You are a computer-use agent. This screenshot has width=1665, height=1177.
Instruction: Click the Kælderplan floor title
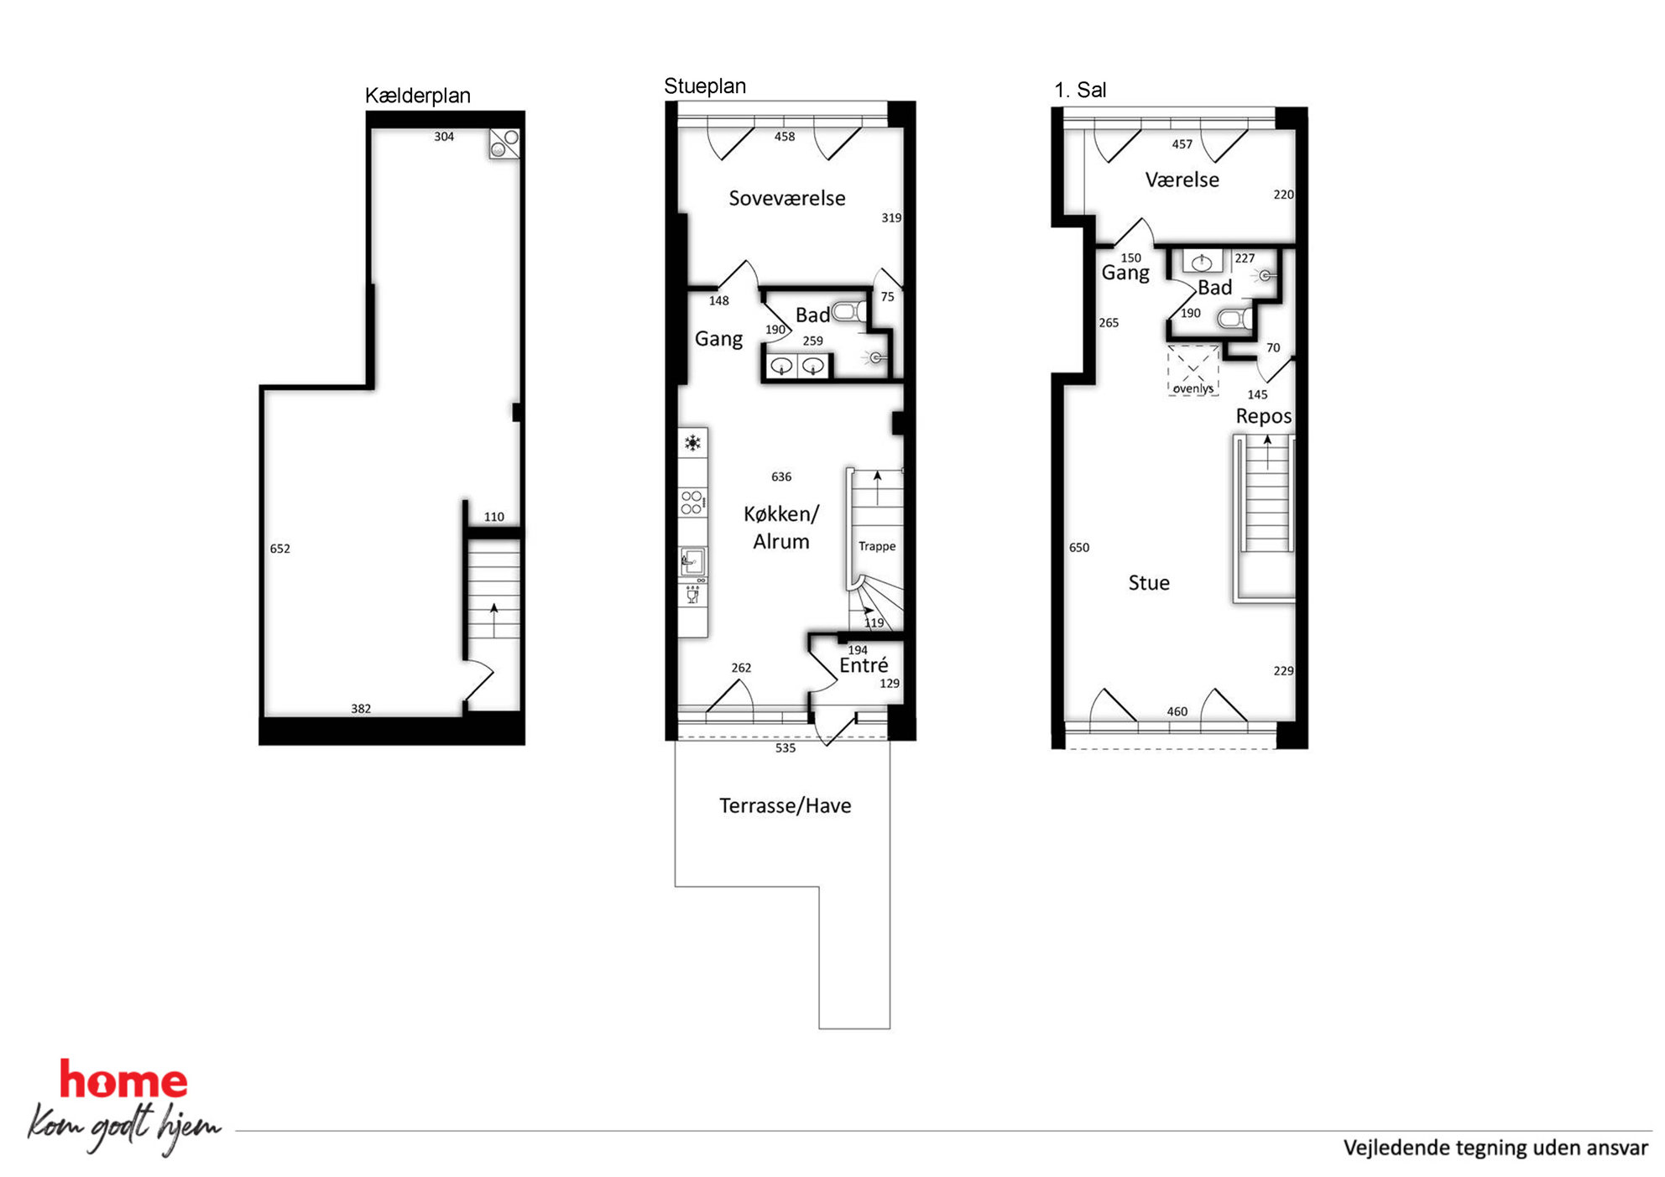click(417, 96)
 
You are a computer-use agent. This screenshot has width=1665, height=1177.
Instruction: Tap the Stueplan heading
click(705, 86)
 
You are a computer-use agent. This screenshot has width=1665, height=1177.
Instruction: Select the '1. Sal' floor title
click(1080, 90)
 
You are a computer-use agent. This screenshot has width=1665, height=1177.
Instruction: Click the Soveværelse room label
click(786, 198)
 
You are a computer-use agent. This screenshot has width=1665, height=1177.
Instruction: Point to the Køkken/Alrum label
click(781, 527)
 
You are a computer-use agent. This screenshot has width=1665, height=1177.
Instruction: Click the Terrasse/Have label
click(785, 805)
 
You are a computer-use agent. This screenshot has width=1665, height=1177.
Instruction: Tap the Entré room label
click(864, 664)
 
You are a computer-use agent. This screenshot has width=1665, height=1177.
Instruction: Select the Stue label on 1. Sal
click(1149, 583)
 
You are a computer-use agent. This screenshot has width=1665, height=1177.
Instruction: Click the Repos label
click(1263, 416)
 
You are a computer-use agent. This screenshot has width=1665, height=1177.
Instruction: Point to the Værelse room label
click(1182, 180)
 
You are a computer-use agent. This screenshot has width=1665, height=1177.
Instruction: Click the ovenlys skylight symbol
click(1193, 370)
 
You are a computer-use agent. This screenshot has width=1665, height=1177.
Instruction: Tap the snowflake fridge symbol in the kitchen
click(692, 443)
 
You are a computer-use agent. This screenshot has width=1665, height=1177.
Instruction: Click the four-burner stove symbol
click(692, 503)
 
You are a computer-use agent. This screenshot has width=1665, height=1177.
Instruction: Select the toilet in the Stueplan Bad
click(850, 312)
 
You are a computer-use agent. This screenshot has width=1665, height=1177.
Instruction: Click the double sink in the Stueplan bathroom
click(797, 367)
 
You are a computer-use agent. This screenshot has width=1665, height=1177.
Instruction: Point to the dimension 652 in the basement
click(280, 549)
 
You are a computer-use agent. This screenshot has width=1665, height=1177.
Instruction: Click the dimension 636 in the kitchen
click(781, 477)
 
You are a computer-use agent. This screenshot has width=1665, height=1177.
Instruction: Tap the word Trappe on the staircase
click(877, 546)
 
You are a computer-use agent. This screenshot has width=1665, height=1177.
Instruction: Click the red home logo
click(123, 1080)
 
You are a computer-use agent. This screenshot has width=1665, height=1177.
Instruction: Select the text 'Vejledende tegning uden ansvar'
click(1495, 1148)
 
